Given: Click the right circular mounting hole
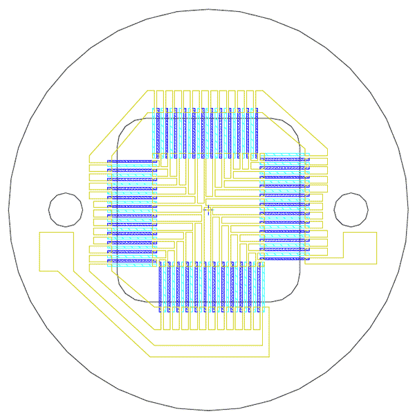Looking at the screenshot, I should (x=351, y=210).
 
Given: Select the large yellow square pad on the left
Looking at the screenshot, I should (x=56, y=251).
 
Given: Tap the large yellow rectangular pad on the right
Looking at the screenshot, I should (x=360, y=248).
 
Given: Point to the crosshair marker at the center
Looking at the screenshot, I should (x=208, y=208).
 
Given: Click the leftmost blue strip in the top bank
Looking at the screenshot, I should (x=158, y=132).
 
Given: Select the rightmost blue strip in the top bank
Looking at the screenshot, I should (x=257, y=132).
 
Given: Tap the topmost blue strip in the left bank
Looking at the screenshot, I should (x=131, y=162).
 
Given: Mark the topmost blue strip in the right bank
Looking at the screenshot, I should (x=284, y=160).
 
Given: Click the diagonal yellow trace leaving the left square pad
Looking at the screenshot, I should (x=104, y=311).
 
